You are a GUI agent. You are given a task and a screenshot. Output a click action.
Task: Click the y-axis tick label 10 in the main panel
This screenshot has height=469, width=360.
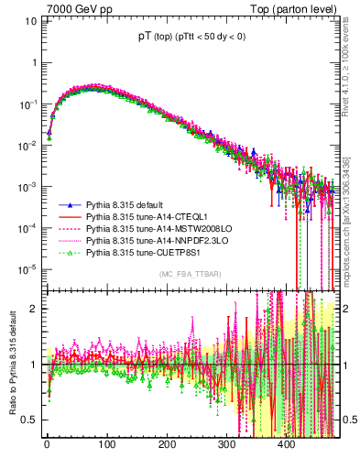tap(31, 21)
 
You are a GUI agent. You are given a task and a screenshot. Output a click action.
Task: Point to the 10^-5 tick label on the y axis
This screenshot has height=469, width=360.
tap(27, 269)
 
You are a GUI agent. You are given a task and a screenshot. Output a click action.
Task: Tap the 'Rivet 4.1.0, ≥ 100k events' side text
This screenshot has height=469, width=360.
tap(351, 78)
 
